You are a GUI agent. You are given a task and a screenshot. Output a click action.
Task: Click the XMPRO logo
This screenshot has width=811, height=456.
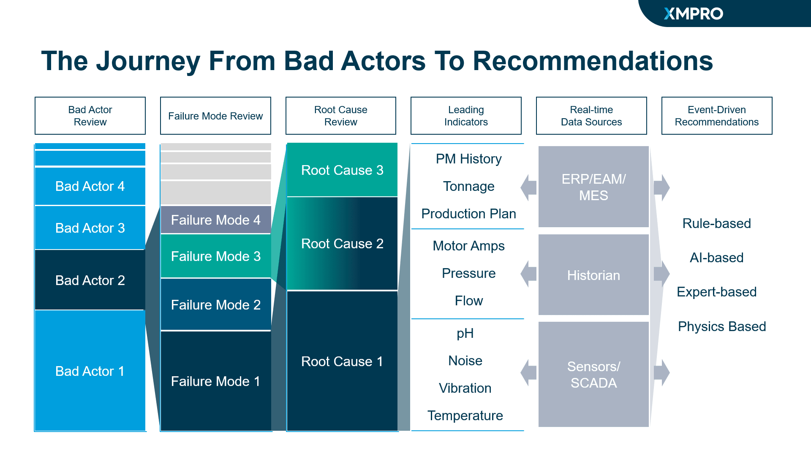pos(693,14)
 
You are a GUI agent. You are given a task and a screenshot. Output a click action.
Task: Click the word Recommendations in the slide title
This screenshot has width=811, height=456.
pos(593,61)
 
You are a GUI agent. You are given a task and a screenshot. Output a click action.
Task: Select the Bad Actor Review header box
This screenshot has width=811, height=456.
pos(90,116)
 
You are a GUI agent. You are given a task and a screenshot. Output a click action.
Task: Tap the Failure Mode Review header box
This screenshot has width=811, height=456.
pos(215,116)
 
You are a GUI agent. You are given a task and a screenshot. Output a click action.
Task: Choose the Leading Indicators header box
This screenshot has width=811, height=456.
pos(466,116)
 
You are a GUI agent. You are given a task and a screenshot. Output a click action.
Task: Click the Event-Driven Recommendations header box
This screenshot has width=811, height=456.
pos(716,116)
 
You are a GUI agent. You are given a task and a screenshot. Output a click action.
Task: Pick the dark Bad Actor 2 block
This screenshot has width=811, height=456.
pos(90,280)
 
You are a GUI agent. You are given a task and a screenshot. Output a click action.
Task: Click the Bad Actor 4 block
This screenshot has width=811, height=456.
pos(90,186)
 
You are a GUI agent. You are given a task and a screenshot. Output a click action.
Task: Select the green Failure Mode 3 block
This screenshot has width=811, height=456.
pos(215,256)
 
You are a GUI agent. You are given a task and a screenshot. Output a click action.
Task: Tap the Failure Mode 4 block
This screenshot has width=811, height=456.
pos(215,220)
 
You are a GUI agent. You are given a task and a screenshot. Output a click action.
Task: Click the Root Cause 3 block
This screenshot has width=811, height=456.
pos(342,170)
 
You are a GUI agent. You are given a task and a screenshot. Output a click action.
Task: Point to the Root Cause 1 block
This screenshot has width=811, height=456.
pos(342,361)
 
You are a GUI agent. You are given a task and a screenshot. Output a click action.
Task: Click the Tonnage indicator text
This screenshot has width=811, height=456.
pos(468,186)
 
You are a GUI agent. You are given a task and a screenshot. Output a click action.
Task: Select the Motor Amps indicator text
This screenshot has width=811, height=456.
pos(468,246)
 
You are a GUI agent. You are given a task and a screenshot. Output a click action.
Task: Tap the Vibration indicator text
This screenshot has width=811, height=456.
pos(465,388)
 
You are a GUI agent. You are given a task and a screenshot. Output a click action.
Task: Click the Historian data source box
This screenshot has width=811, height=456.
pos(593,275)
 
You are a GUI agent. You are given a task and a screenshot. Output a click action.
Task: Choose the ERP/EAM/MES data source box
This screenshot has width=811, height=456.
pos(593,187)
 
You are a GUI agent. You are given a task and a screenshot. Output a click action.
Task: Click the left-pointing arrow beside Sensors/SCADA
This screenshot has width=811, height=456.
pos(528,372)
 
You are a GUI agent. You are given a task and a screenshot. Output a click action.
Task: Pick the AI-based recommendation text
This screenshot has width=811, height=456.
pos(716,258)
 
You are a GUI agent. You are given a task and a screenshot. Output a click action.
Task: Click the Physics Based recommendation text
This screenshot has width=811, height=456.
pos(721,326)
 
